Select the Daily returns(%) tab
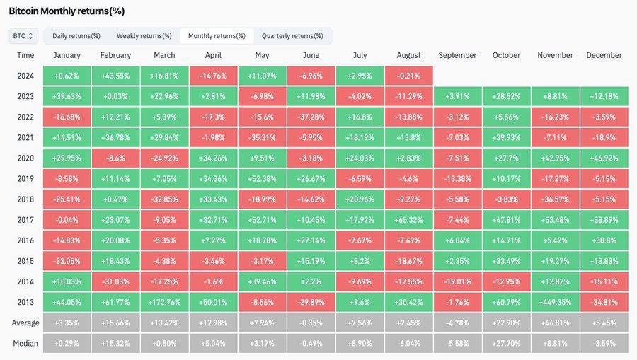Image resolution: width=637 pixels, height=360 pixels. (x=76, y=36)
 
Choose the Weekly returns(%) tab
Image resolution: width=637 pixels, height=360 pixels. (x=144, y=36)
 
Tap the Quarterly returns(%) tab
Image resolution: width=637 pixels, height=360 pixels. (x=292, y=36)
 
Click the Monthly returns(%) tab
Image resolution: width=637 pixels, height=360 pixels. (x=217, y=36)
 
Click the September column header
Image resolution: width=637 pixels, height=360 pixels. (x=457, y=55)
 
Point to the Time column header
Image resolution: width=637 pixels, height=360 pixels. (x=25, y=55)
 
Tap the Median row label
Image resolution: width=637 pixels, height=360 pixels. (x=25, y=343)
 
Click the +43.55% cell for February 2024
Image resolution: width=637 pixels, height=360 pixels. (x=115, y=76)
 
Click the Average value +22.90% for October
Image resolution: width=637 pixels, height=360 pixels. (x=506, y=323)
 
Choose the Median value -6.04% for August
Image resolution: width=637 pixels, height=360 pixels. (x=408, y=343)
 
